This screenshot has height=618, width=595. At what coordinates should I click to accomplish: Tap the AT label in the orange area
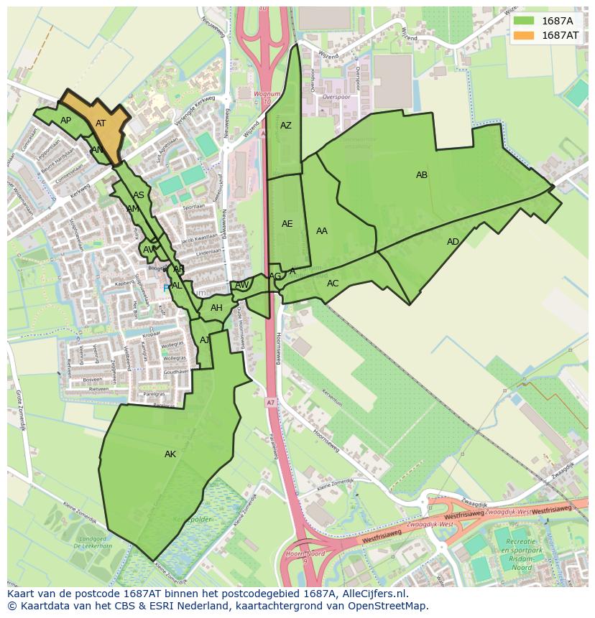tap(101, 123)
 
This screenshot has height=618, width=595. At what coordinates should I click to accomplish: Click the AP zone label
tap(65, 121)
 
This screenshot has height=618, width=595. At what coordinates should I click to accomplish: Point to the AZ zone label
tap(286, 126)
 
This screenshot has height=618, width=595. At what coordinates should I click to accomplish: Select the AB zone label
tap(422, 175)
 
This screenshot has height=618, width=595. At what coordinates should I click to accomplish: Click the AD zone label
tap(453, 242)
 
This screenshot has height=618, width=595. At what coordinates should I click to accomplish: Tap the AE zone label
tap(287, 224)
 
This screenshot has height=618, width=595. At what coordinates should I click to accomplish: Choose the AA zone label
tap(322, 231)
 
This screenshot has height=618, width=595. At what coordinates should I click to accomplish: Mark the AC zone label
tap(333, 284)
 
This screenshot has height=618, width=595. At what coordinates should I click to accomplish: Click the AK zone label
tap(170, 454)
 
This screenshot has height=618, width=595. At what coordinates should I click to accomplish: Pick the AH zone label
tap(216, 309)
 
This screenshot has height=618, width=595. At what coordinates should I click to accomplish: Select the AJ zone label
tap(205, 340)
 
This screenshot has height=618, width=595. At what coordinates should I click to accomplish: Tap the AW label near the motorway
tap(242, 285)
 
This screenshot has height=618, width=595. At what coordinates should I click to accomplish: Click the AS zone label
tap(139, 195)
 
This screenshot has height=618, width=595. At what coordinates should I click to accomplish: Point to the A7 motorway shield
tap(269, 402)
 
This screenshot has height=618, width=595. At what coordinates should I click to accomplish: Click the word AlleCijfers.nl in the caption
tap(373, 594)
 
